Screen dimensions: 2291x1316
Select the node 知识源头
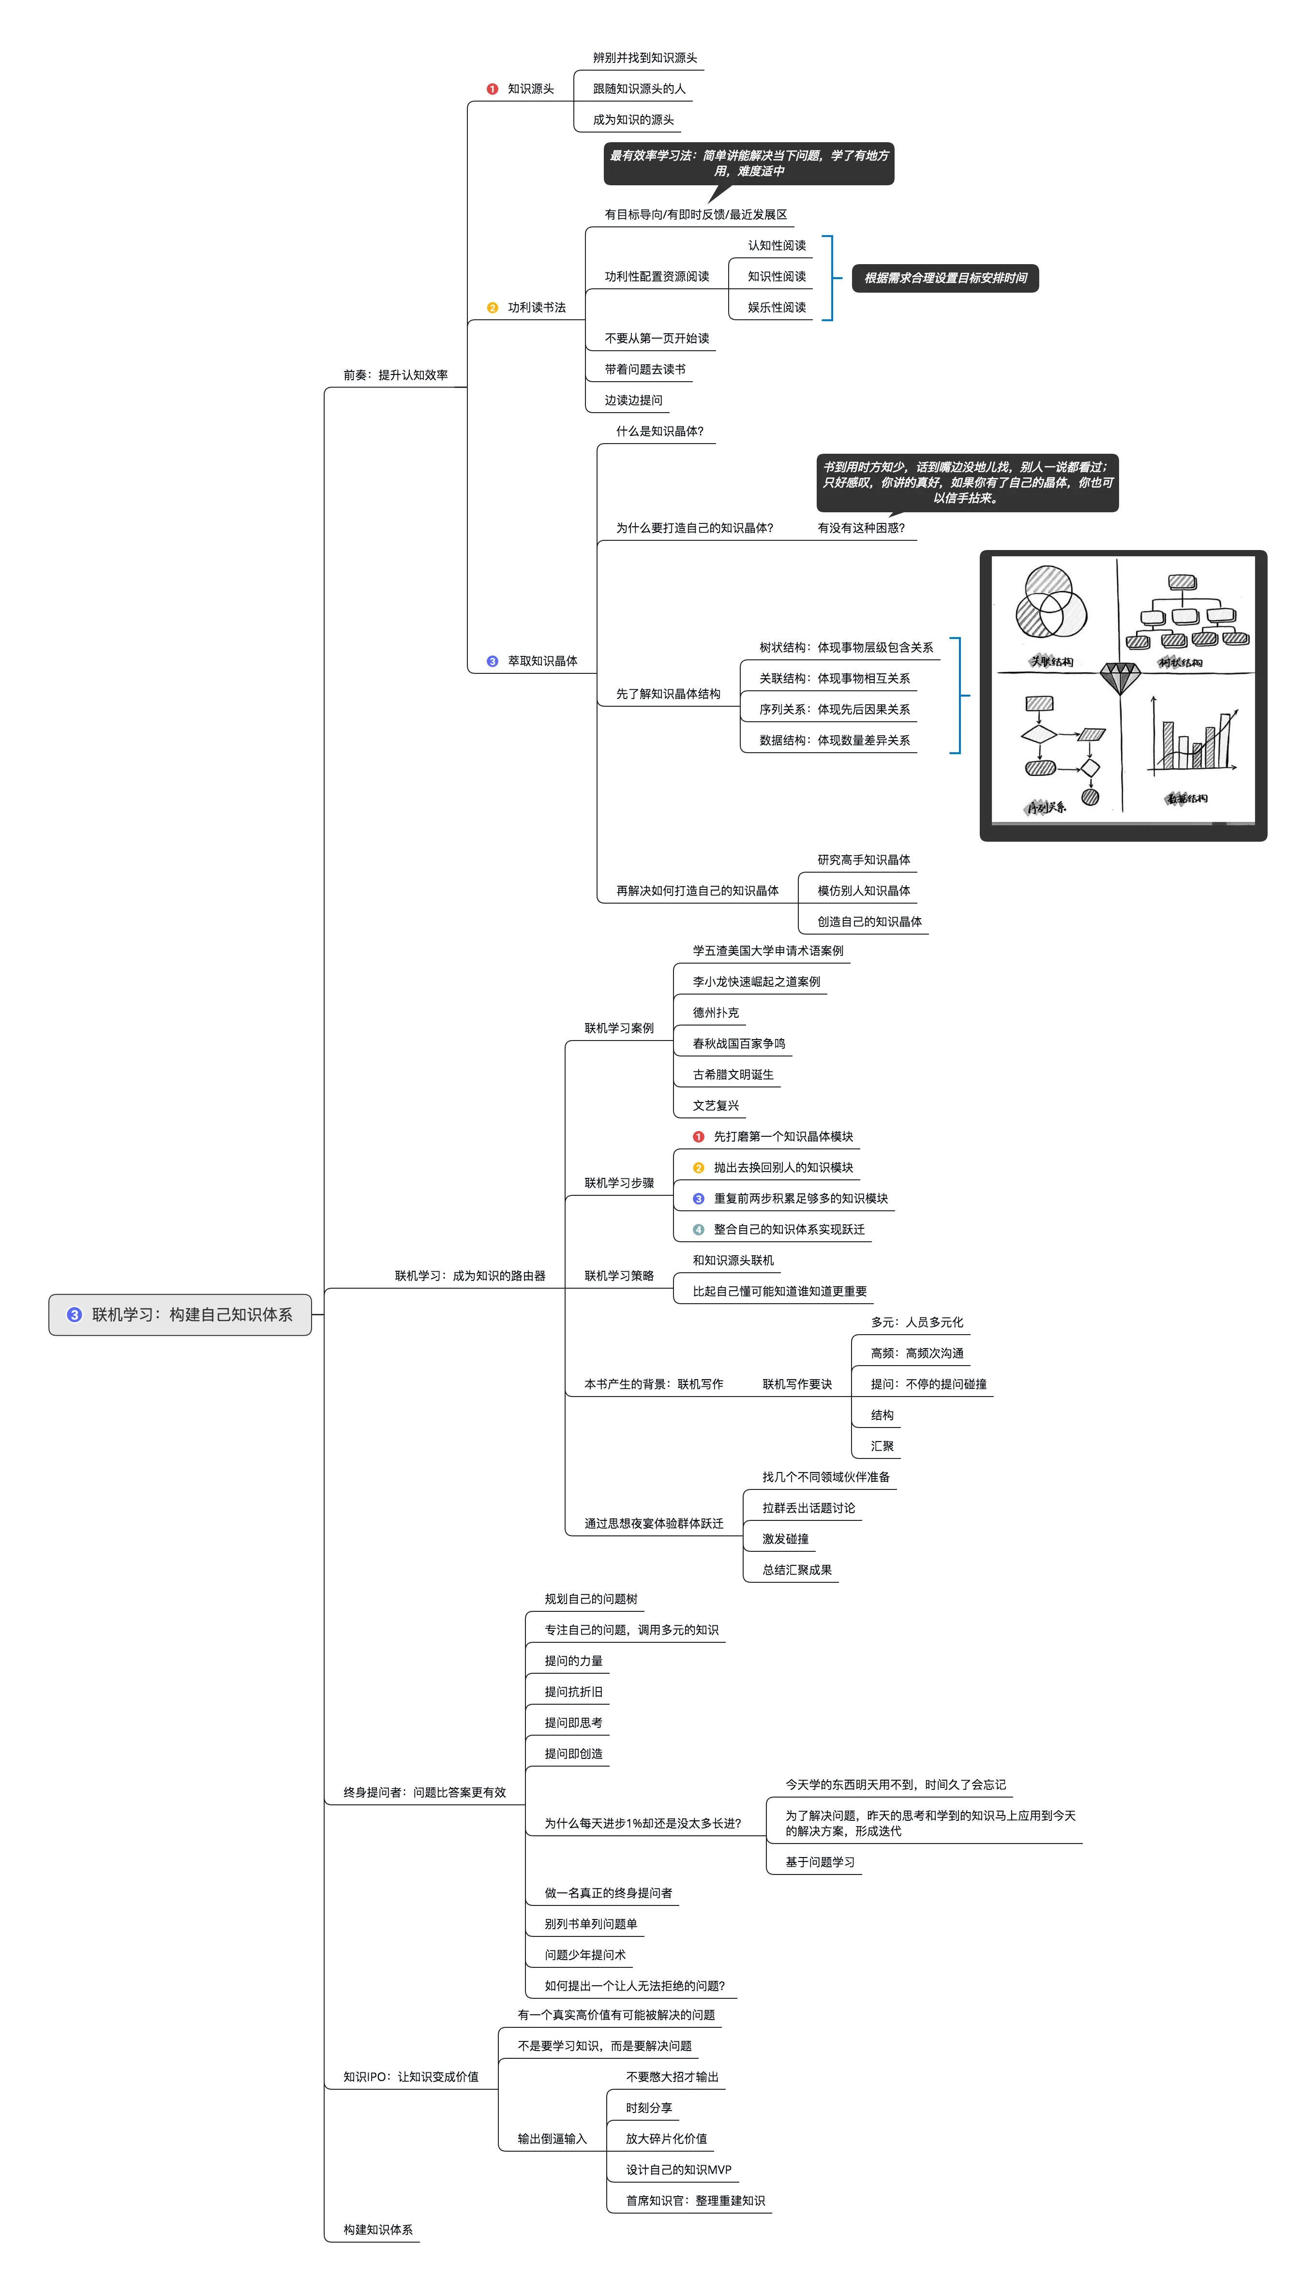[531, 89]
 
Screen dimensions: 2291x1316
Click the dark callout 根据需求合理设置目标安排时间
[945, 278]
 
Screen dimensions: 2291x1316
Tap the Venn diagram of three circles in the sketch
[1051, 603]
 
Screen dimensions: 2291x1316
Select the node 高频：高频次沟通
[916, 1354]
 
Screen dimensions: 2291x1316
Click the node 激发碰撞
[785, 1539]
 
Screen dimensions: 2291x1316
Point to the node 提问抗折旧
[573, 1692]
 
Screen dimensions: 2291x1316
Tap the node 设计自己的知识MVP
[678, 2170]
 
